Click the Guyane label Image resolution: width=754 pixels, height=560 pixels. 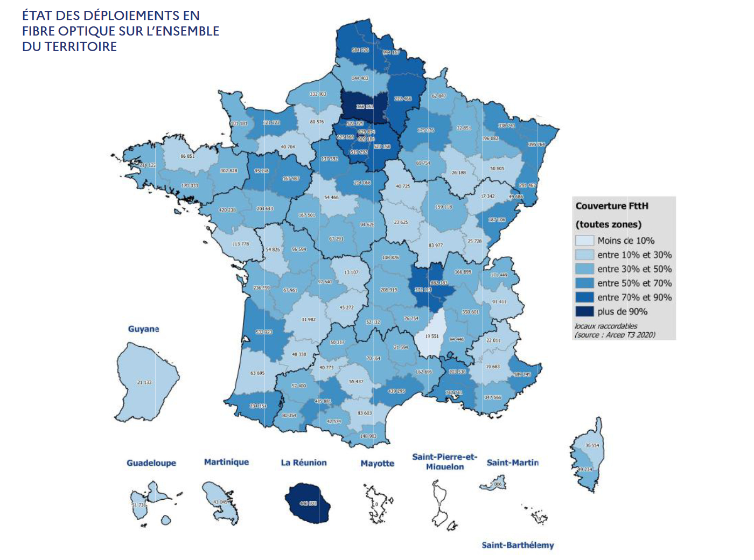pyautogui.click(x=143, y=329)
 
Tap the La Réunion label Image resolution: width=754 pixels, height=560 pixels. pyautogui.click(x=304, y=463)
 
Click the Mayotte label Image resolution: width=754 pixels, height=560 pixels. pyautogui.click(x=377, y=463)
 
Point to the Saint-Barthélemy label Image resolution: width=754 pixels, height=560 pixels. pyautogui.click(x=518, y=545)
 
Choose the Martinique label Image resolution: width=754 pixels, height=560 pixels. pyautogui.click(x=226, y=462)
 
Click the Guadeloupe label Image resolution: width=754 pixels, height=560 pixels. pyautogui.click(x=151, y=463)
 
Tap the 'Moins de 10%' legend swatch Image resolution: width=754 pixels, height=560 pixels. pyautogui.click(x=584, y=241)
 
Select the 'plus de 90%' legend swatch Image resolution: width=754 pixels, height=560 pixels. pyautogui.click(x=584, y=311)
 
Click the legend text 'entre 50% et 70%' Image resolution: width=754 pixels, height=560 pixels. pyautogui.click(x=634, y=283)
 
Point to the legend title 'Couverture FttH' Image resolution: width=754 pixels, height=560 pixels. pyautogui.click(x=612, y=206)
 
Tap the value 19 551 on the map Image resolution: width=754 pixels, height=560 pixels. pyautogui.click(x=432, y=336)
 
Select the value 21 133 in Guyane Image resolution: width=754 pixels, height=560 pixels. pyautogui.click(x=144, y=382)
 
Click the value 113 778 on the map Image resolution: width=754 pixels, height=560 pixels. pyautogui.click(x=241, y=244)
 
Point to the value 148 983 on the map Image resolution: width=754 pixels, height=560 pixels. pyautogui.click(x=368, y=436)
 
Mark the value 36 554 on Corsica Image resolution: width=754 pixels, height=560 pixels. pyautogui.click(x=592, y=445)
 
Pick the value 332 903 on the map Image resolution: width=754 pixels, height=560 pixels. pyautogui.click(x=318, y=94)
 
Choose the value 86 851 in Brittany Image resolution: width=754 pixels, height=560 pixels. pyautogui.click(x=187, y=156)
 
